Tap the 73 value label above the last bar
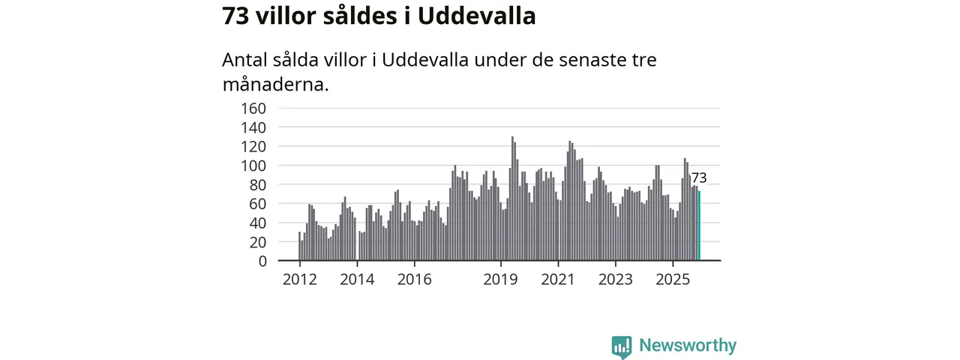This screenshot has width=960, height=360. [x=699, y=178]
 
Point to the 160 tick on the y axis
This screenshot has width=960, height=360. [x=253, y=108]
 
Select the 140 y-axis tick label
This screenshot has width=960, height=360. [x=253, y=127]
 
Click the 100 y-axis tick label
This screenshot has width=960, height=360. [x=253, y=166]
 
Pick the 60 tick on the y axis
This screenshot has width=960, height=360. [x=257, y=204]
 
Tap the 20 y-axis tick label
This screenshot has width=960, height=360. [x=257, y=242]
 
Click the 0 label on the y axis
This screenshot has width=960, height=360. [x=262, y=261]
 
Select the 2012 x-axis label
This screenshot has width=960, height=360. [x=299, y=280]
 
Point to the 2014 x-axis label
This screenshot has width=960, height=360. [x=357, y=280]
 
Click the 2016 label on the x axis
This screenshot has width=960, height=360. [x=414, y=280]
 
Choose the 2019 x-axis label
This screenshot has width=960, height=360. [x=500, y=280]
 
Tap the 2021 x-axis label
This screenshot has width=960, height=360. [x=558, y=280]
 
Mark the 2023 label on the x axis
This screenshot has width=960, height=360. [x=616, y=280]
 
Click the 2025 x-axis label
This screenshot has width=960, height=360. [x=673, y=280]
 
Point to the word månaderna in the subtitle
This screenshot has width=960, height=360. [x=276, y=84]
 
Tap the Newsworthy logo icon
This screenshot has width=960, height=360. [x=621, y=346]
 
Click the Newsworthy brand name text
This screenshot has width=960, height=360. [x=688, y=346]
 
